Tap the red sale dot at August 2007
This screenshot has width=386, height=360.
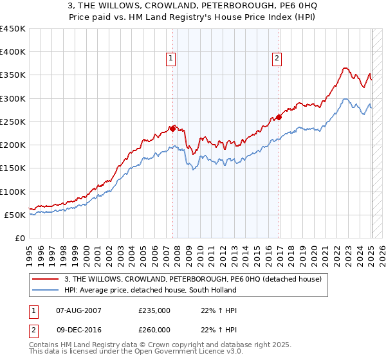(172, 129)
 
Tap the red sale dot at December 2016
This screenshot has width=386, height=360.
(279, 117)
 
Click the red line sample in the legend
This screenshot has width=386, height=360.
(46, 278)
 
